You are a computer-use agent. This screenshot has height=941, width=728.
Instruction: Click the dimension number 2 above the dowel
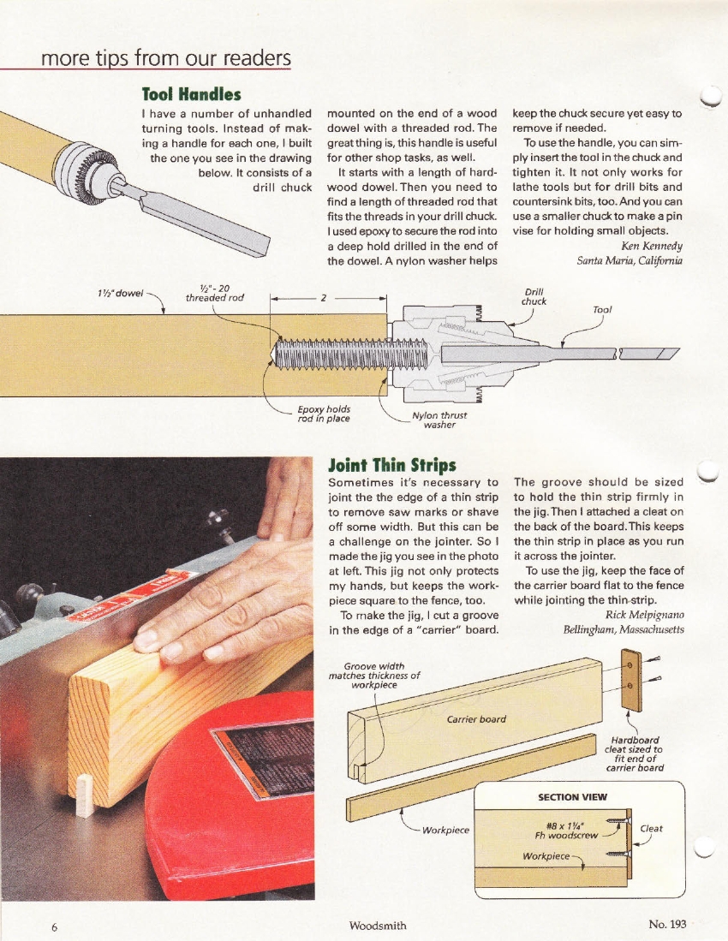[324, 298]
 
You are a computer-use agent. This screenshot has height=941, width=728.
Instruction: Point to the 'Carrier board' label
[476, 718]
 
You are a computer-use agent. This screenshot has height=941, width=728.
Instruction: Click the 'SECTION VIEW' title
[572, 796]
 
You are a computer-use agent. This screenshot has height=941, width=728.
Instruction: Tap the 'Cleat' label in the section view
[651, 828]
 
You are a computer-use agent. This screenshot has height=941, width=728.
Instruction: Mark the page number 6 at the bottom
[53, 926]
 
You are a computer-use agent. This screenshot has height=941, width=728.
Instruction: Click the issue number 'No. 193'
[669, 925]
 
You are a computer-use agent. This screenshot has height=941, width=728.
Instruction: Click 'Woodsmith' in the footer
[378, 926]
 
